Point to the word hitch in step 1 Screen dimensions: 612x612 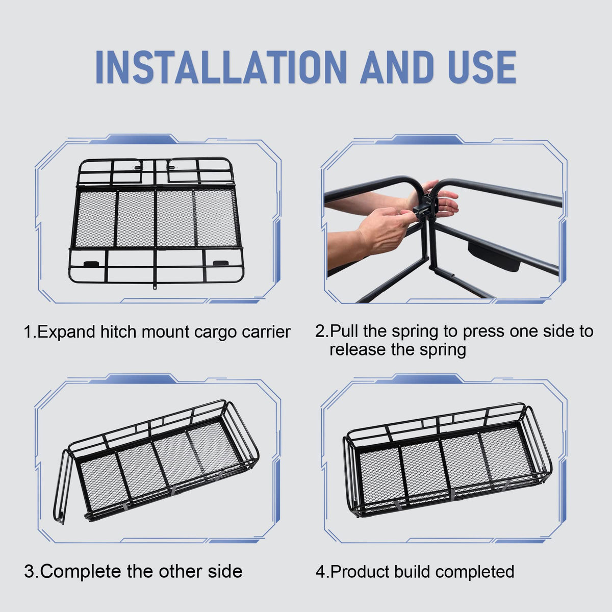pos(119,331)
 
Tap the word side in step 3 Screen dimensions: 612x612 pos(225,571)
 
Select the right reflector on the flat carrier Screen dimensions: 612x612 pos(222,263)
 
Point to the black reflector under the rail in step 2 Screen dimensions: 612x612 pos(493,258)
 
